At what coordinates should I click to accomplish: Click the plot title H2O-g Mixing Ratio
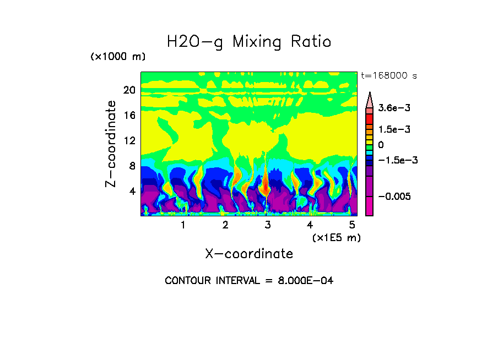[249, 42]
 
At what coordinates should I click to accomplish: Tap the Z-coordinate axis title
[111, 143]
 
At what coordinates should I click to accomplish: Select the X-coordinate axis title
[249, 254]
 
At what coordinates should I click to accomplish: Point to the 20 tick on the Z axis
[129, 90]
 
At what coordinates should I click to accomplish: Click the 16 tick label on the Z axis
[129, 115]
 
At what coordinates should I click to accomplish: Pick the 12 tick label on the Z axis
[129, 140]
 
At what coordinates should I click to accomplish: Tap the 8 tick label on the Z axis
[132, 166]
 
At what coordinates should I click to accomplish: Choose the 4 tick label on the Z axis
[132, 191]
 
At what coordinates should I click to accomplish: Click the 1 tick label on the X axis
[183, 225]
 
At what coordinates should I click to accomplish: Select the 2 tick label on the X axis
[225, 225]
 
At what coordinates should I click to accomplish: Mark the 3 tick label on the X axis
[267, 225]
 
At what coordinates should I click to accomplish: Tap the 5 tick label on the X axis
[352, 225]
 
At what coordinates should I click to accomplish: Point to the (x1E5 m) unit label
[336, 237]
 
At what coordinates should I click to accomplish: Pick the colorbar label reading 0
[381, 145]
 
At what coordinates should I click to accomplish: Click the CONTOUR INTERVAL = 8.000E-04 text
[249, 281]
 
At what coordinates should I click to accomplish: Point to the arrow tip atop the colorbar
[370, 94]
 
